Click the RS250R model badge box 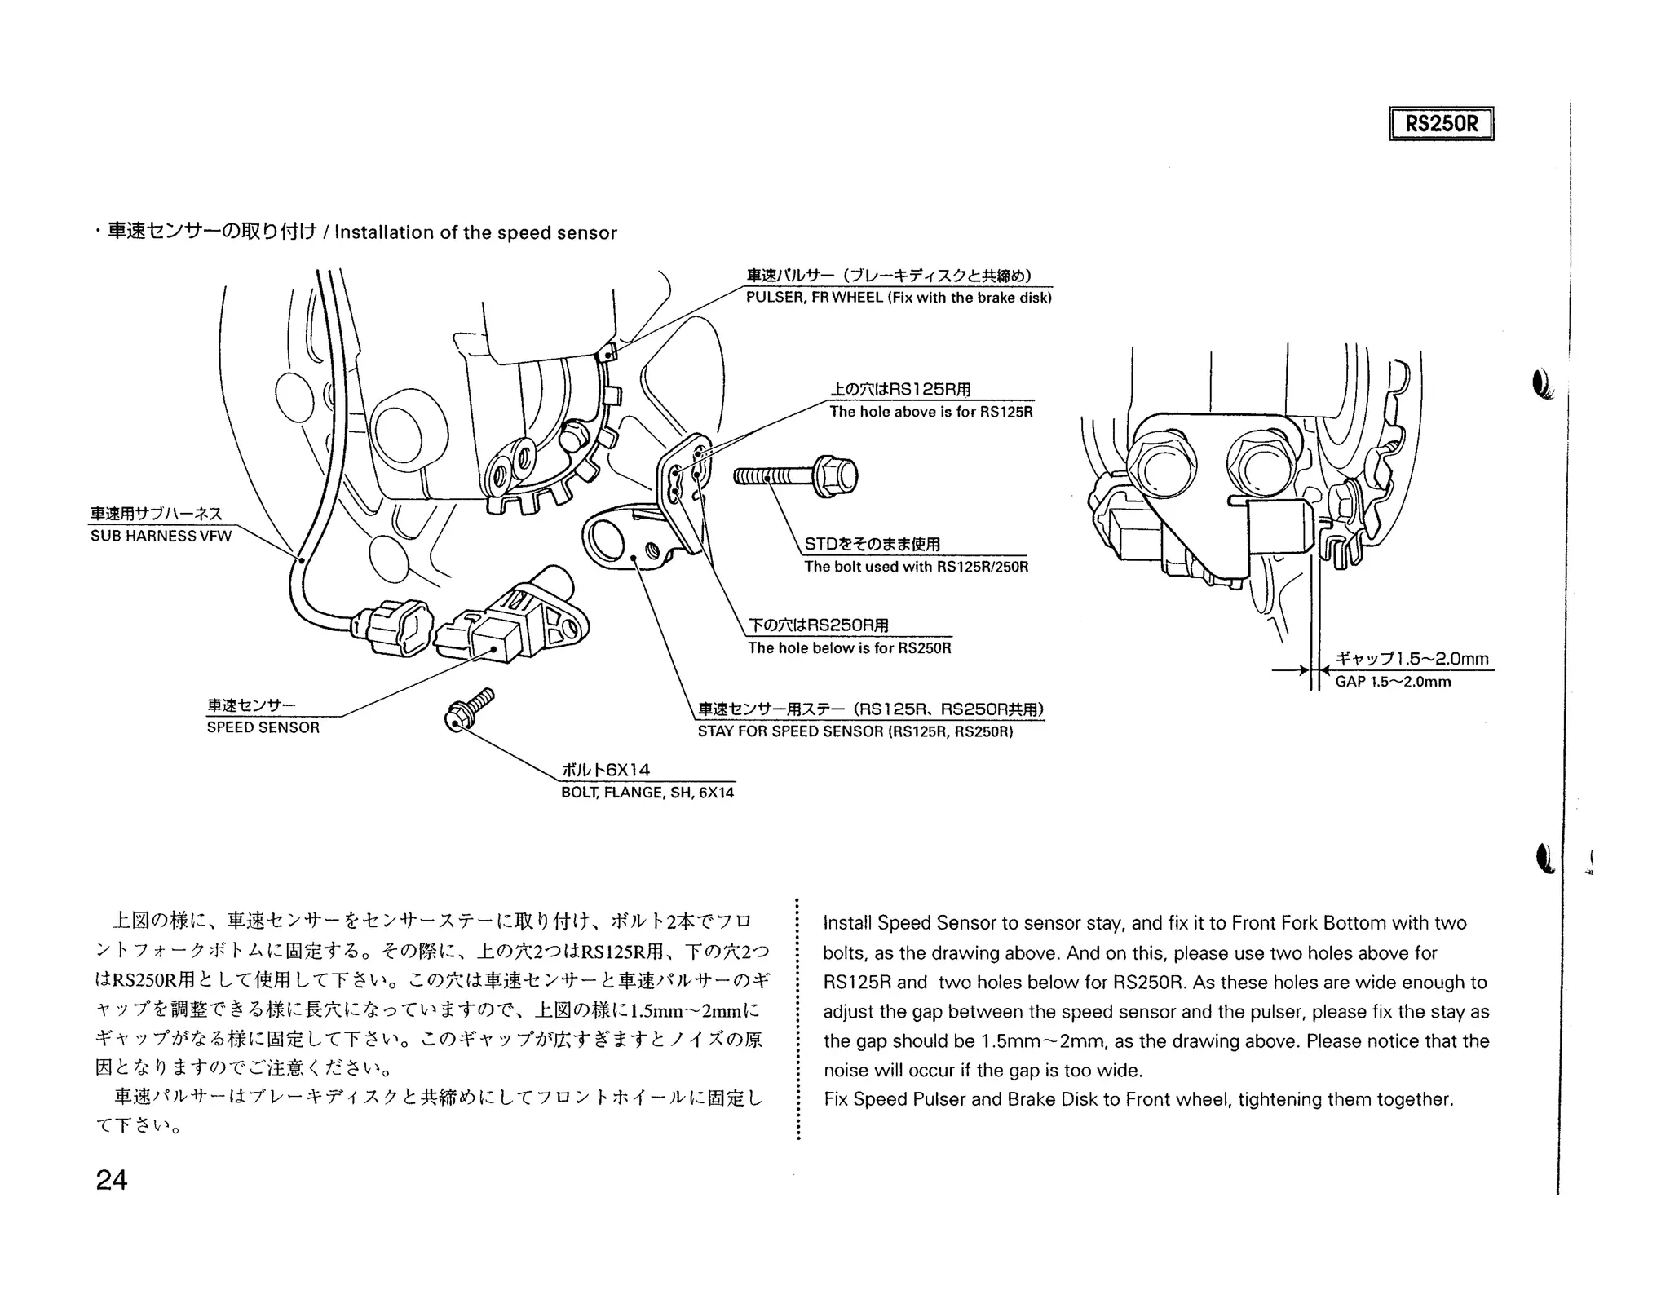click(x=1441, y=124)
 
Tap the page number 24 click(x=112, y=1180)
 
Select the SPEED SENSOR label click(x=263, y=727)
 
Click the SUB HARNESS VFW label click(x=161, y=536)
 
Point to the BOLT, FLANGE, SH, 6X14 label click(x=647, y=793)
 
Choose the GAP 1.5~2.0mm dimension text click(x=1393, y=682)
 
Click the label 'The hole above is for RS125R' click(x=931, y=412)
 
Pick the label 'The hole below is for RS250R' click(x=850, y=648)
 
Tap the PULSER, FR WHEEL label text click(x=899, y=298)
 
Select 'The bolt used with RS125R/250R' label click(x=916, y=567)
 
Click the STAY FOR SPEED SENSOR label click(x=855, y=731)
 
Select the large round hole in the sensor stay click(x=604, y=536)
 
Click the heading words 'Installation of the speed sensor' click(x=475, y=233)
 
